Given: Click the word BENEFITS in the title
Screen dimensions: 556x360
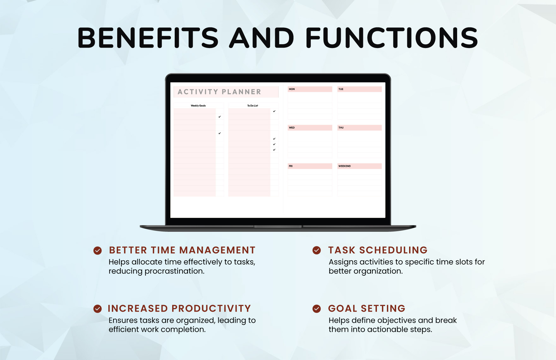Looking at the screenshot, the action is (x=148, y=38).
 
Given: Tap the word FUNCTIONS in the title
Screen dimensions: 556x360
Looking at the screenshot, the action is (x=392, y=38).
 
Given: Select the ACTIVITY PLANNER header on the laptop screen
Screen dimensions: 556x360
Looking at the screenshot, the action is (x=220, y=92).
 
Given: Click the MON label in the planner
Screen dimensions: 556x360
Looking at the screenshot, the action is (x=292, y=89).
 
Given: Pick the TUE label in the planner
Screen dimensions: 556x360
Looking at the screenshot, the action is (x=341, y=89).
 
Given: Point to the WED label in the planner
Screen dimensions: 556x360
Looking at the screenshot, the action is (x=292, y=128).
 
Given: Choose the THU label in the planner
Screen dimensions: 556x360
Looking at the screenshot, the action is (x=341, y=128).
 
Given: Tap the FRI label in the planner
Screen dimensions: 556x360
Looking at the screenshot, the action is (x=291, y=166).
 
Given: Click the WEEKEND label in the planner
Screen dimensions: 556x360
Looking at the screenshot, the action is (x=344, y=166).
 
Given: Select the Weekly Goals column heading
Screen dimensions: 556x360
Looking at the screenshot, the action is (x=198, y=106).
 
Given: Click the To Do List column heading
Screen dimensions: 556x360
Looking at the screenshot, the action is (x=252, y=106).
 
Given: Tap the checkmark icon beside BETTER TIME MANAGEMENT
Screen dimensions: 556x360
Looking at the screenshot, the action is (x=98, y=250).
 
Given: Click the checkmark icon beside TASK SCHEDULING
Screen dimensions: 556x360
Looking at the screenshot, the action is (x=317, y=250).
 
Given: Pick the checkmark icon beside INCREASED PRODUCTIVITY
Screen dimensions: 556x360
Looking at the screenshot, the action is (x=98, y=309).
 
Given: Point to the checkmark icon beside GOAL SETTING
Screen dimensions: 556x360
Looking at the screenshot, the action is (x=317, y=309).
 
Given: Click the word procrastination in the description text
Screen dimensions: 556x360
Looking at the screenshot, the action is (x=174, y=271).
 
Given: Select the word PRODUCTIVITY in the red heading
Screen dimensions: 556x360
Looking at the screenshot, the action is (x=211, y=308).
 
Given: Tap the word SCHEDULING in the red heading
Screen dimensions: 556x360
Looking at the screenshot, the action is (x=393, y=250).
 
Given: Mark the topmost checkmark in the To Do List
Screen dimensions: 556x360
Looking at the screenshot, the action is (x=274, y=111).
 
